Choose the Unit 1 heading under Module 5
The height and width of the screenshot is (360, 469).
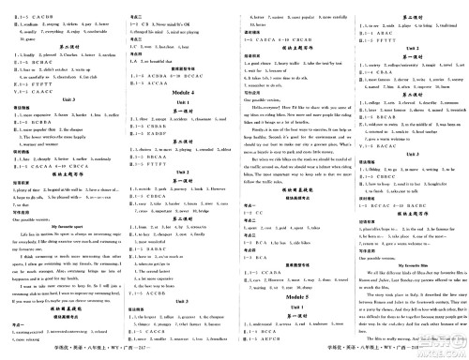(293, 289)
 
